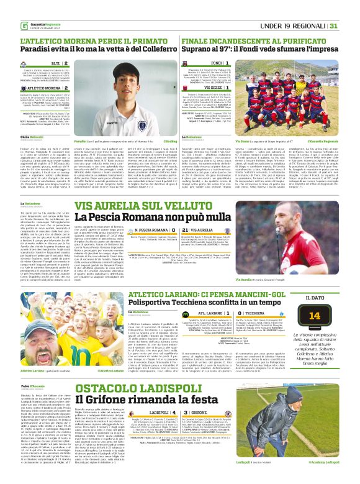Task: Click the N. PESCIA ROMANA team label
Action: click(124, 231)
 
